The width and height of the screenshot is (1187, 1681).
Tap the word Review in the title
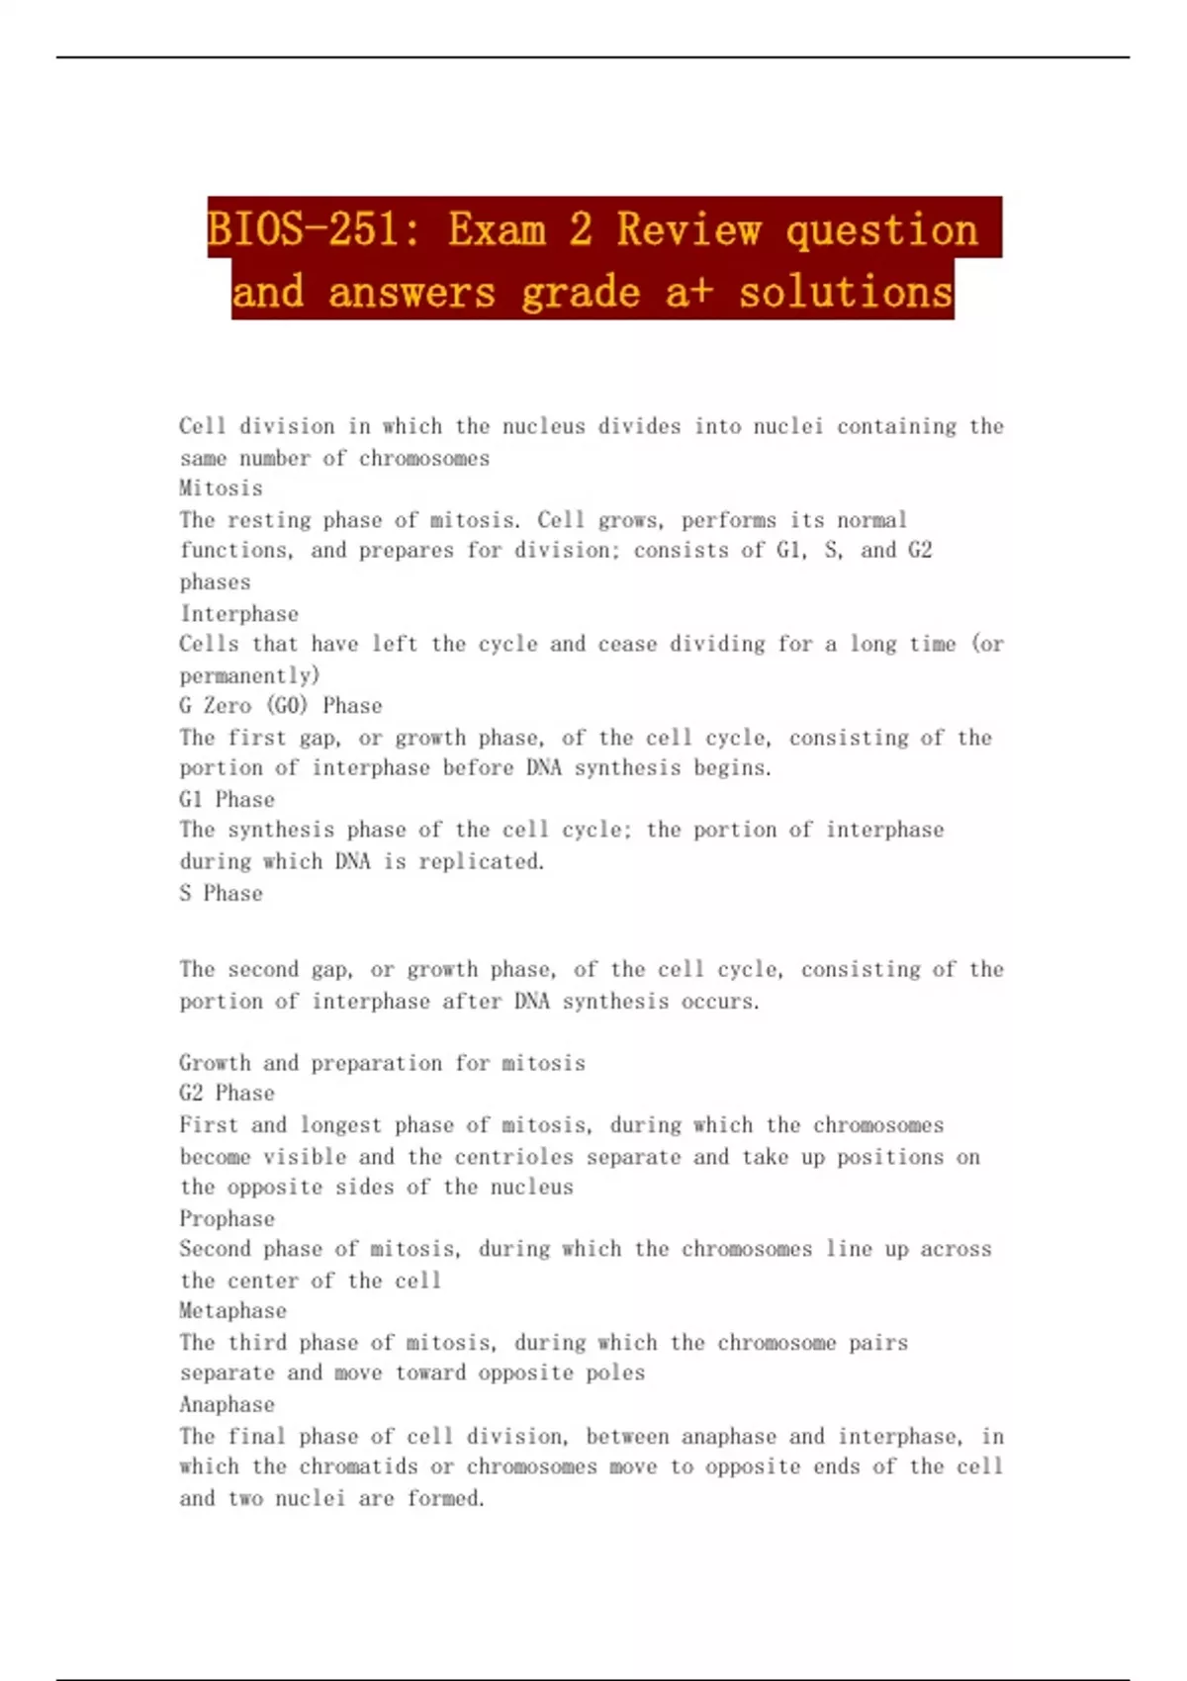(689, 229)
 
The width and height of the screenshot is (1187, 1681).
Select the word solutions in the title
(846, 292)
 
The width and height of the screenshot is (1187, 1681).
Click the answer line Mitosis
(221, 488)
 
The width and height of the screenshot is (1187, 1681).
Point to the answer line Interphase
(238, 614)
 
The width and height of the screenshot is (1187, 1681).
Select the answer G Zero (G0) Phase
(280, 706)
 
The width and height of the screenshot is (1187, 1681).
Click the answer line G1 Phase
(227, 799)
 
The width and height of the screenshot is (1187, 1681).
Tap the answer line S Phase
(221, 893)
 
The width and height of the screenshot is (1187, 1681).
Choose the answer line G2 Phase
(227, 1094)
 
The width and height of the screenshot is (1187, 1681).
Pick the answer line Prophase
(227, 1218)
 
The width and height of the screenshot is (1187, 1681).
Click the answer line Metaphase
(232, 1311)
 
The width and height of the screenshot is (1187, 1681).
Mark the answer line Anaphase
(227, 1404)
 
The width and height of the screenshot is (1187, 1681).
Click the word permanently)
(249, 676)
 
